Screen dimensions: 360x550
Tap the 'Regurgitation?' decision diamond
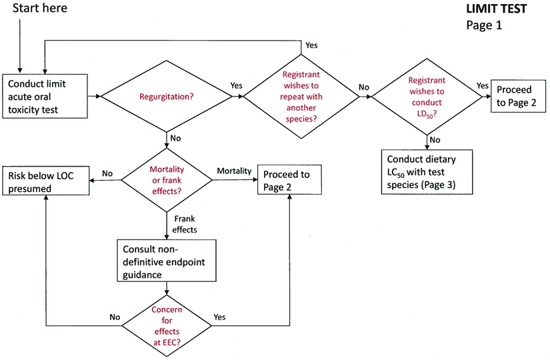(166, 97)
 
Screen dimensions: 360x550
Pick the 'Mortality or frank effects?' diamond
(166, 179)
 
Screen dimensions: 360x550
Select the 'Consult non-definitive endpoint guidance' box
(166, 260)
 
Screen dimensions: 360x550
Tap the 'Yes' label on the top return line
(311, 45)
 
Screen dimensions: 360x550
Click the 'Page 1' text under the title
(483, 26)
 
